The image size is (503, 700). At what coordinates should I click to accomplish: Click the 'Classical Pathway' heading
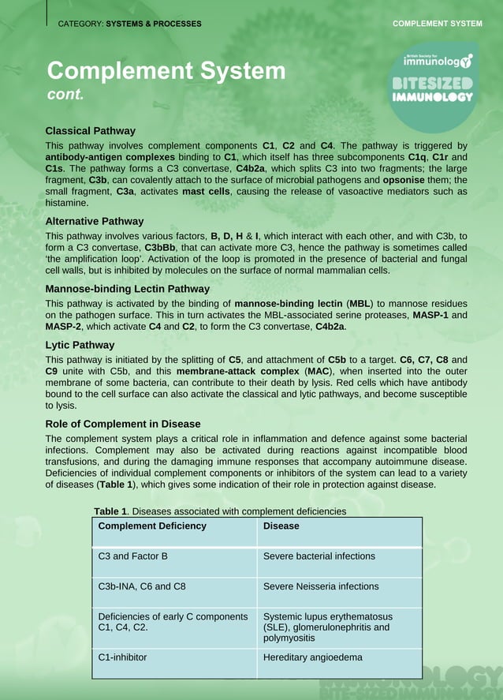pyautogui.click(x=90, y=131)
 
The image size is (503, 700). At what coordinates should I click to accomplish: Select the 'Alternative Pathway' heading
pyautogui.click(x=94, y=222)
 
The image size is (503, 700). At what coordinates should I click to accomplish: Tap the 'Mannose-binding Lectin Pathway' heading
pyautogui.click(x=127, y=289)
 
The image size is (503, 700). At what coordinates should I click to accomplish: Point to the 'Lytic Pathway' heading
pyautogui.click(x=80, y=345)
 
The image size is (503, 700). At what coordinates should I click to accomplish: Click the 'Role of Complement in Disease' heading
pyautogui.click(x=122, y=424)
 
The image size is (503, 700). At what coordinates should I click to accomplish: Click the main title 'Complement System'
pyautogui.click(x=166, y=71)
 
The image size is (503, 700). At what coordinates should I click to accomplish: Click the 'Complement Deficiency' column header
pyautogui.click(x=151, y=526)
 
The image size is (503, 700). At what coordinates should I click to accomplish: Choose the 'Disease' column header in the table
pyautogui.click(x=281, y=526)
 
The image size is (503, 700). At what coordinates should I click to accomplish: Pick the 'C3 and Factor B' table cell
pyautogui.click(x=132, y=556)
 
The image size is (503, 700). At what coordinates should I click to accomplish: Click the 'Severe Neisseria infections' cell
pyautogui.click(x=320, y=586)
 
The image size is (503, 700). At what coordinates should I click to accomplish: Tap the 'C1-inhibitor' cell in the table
pyautogui.click(x=122, y=657)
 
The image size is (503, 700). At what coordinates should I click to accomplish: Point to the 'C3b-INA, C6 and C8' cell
pyautogui.click(x=141, y=586)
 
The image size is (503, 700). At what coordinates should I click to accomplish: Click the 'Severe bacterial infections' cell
pyautogui.click(x=319, y=556)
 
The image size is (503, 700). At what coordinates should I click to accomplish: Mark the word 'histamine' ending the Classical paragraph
pyautogui.click(x=67, y=203)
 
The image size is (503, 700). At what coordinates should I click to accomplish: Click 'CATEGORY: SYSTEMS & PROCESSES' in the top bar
pyautogui.click(x=129, y=24)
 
